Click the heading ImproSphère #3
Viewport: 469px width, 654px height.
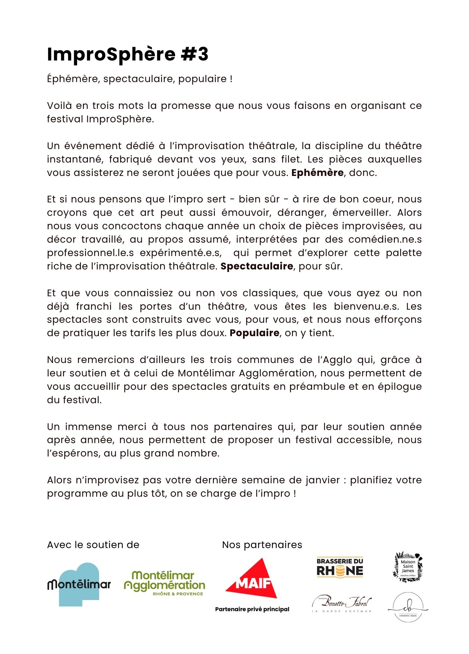pos(127,54)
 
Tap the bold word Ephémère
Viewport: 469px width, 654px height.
pos(317,173)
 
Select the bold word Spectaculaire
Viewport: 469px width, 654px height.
pos(257,266)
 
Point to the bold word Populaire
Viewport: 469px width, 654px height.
pos(254,333)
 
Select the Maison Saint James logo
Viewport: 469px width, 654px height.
pos(408,567)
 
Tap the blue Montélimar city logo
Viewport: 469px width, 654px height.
pos(79,584)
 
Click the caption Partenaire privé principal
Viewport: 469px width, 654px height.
pos(252,609)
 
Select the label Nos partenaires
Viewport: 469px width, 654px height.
pos(262,545)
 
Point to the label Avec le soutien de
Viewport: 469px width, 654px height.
pos(93,545)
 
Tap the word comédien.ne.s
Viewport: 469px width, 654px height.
pos(385,239)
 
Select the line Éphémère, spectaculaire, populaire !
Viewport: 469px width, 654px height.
pos(139,79)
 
